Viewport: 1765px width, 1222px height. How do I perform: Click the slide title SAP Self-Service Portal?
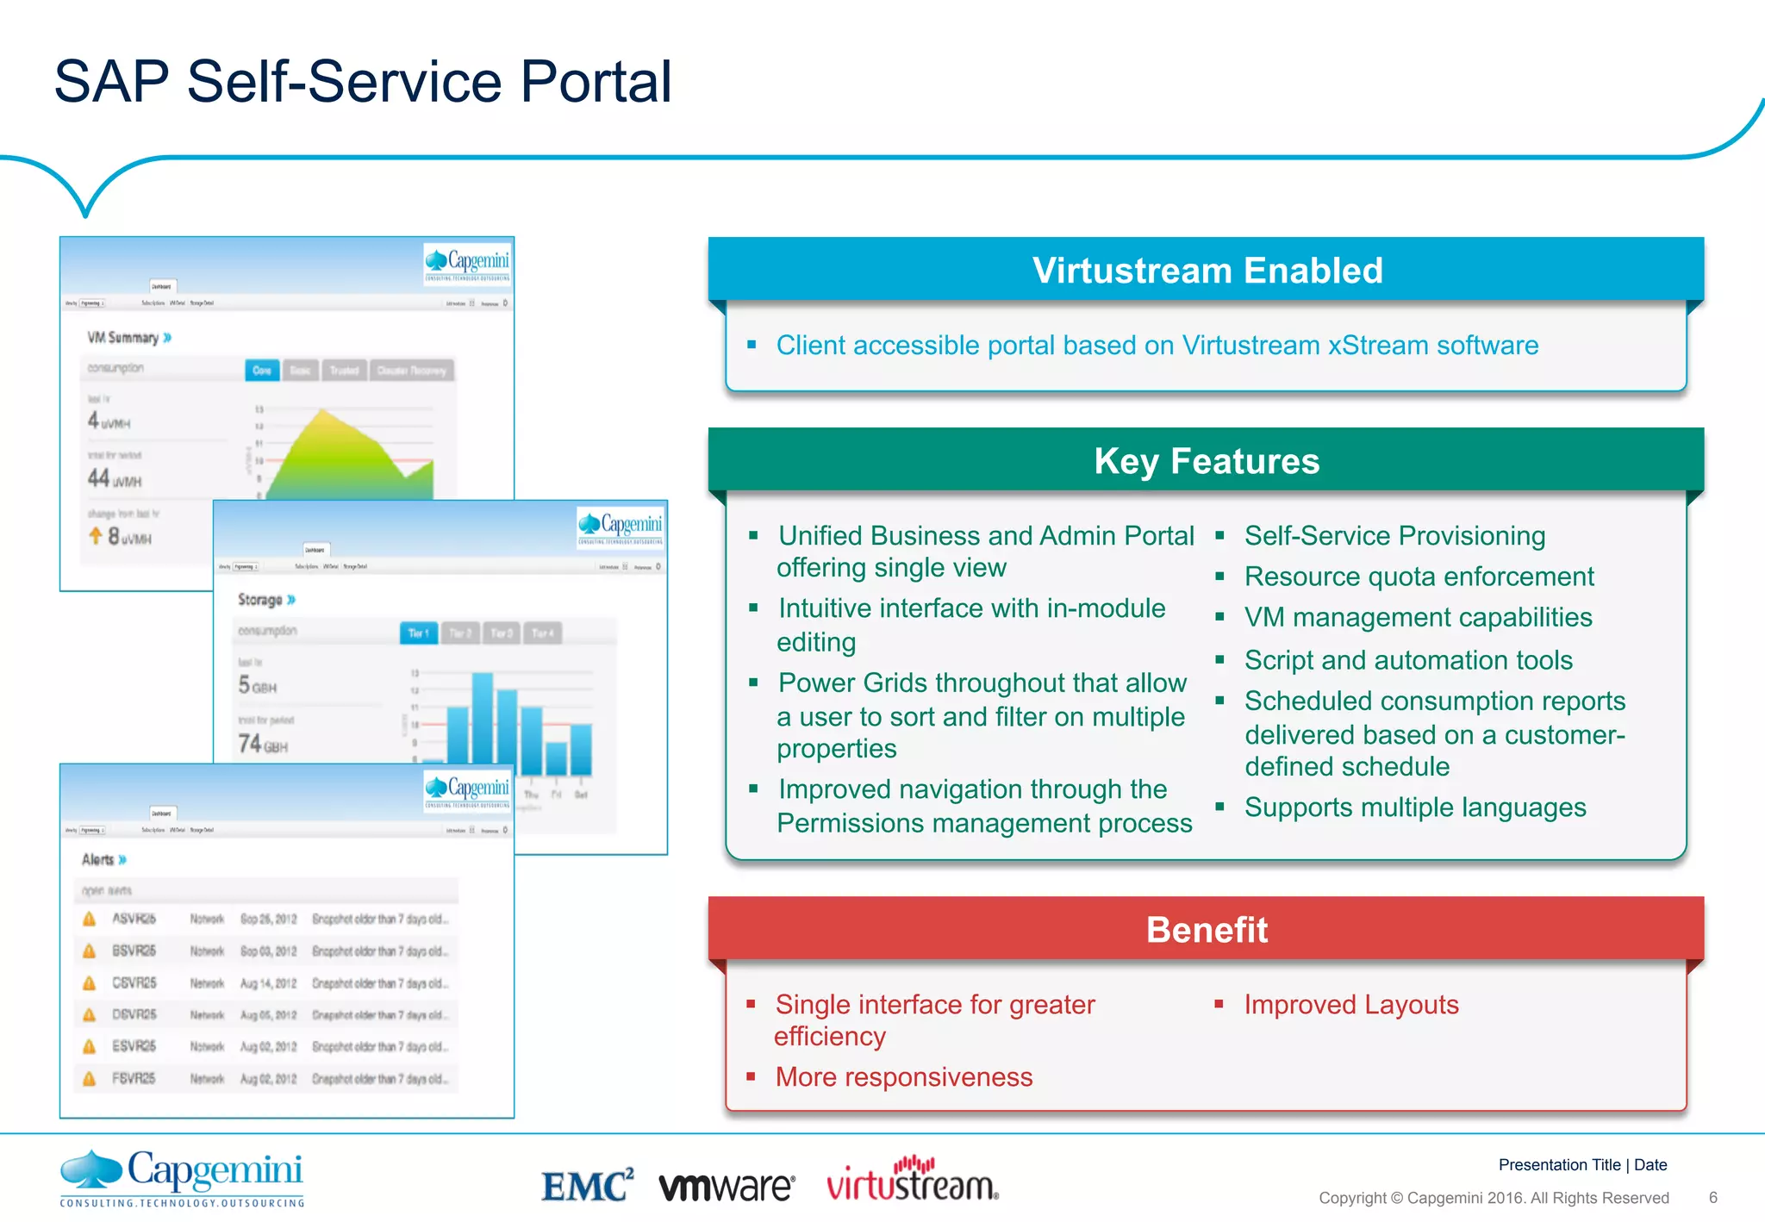pos(362,82)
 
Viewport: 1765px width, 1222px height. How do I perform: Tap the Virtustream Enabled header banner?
pos(1207,271)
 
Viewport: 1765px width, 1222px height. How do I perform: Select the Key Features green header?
pos(1207,461)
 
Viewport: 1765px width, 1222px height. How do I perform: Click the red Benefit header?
pos(1207,930)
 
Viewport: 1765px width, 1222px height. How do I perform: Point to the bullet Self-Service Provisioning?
pos(1394,536)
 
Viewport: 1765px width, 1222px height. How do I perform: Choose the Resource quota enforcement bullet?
pos(1419,577)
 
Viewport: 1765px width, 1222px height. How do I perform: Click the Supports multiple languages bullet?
pos(1415,807)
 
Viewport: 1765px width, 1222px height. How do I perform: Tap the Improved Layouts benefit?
pos(1350,1005)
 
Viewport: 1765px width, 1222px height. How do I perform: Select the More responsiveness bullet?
pos(903,1077)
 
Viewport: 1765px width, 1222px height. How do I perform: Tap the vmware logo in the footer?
pos(727,1187)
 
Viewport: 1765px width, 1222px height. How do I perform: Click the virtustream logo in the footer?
pos(912,1181)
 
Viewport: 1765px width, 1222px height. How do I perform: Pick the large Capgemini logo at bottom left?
pos(182,1177)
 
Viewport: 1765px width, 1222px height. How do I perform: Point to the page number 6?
pos(1712,1198)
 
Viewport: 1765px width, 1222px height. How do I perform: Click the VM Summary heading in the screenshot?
pos(123,338)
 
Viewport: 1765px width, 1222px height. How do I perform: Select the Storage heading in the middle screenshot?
pos(260,600)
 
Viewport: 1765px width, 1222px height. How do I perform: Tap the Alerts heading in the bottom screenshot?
pos(98,860)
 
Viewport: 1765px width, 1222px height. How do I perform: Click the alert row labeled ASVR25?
pos(267,920)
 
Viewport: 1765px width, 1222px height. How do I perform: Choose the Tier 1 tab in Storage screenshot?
pos(419,633)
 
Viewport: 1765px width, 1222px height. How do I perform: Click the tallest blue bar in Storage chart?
pos(483,724)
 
